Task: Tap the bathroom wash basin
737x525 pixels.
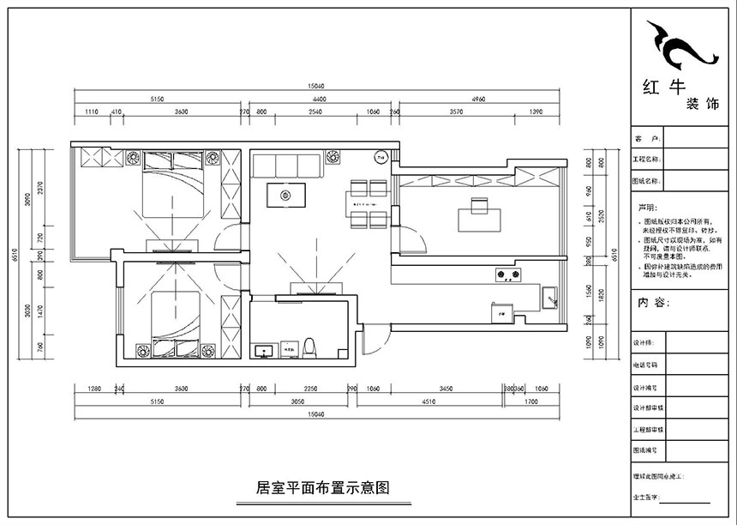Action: click(x=265, y=349)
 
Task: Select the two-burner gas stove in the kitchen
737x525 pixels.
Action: click(x=509, y=275)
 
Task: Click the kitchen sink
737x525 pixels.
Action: click(x=549, y=299)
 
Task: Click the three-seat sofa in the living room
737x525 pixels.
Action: click(x=287, y=163)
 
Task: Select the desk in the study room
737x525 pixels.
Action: click(x=476, y=215)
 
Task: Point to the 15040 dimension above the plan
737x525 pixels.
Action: click(x=319, y=86)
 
